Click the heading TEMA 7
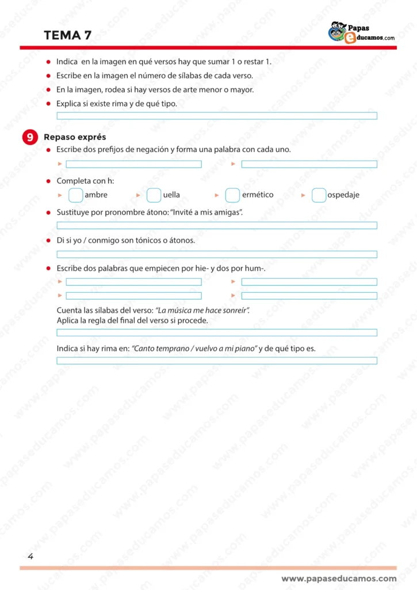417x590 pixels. (x=67, y=35)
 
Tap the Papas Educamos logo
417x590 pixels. (x=361, y=32)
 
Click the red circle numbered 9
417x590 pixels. (x=30, y=137)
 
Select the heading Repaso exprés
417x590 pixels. (x=75, y=137)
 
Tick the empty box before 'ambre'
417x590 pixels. (x=75, y=195)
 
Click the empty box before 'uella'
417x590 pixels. (x=154, y=195)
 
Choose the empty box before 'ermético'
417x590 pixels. (x=232, y=195)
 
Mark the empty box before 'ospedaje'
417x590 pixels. (x=319, y=195)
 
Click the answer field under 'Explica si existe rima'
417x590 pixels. (x=217, y=116)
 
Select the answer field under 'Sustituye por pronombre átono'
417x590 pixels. (x=217, y=225)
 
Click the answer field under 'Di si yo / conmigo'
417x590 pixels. (x=217, y=254)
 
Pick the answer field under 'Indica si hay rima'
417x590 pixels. (x=217, y=361)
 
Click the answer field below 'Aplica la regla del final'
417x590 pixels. (x=217, y=332)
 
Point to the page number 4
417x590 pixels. (x=30, y=556)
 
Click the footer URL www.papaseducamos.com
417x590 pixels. (x=339, y=578)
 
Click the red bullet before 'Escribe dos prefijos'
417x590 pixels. (x=49, y=150)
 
